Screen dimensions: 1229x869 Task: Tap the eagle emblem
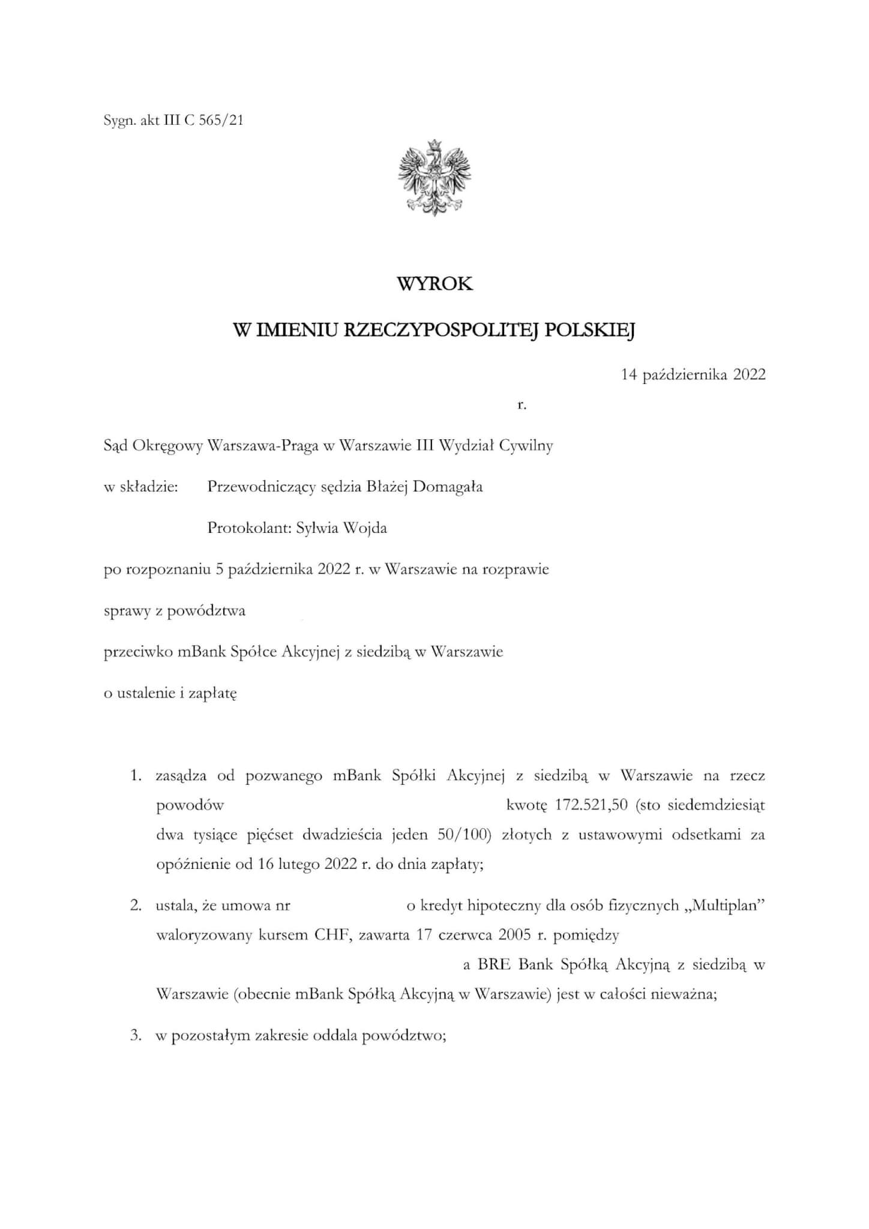(434, 178)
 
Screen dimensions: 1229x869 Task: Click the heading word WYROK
(434, 284)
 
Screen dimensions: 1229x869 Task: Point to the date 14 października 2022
(693, 375)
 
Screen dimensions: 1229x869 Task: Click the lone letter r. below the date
(522, 405)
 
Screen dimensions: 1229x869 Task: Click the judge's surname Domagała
(448, 487)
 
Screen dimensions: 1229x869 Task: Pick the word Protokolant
(247, 528)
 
